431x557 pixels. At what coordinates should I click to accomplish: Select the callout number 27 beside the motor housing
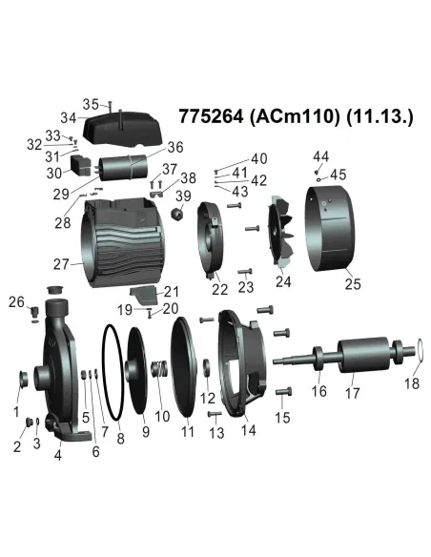click(x=62, y=264)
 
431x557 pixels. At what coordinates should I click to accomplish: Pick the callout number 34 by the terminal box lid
click(x=68, y=118)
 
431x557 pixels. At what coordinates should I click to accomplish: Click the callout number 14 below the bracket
click(x=249, y=430)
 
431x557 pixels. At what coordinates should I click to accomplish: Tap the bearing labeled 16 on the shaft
click(x=319, y=367)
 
